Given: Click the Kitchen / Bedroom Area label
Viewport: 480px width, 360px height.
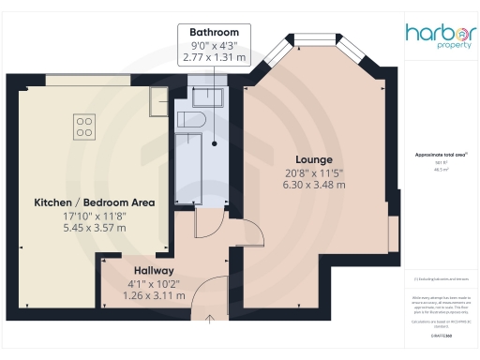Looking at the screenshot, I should pyautogui.click(x=94, y=202).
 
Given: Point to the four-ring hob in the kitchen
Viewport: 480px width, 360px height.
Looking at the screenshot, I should pyautogui.click(x=83, y=125).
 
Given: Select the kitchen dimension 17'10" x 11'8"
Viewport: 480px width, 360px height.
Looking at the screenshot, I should pyautogui.click(x=94, y=215).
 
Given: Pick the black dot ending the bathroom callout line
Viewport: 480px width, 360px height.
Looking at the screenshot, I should pyautogui.click(x=214, y=144).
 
